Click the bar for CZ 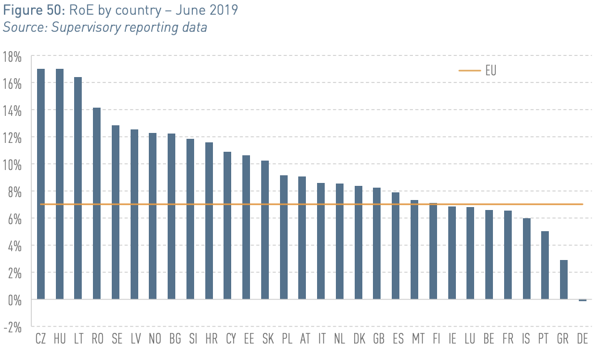(x=41, y=184)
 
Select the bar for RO (x=97, y=204)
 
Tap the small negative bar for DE (x=582, y=301)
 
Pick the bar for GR (x=564, y=279)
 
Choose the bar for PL (x=284, y=237)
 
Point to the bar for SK (x=265, y=230)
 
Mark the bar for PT (x=545, y=265)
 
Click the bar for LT (x=78, y=188)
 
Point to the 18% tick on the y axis (x=12, y=57)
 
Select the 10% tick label (x=12, y=165)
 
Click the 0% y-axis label (x=15, y=301)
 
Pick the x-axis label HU (x=59, y=339)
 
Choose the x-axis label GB (x=378, y=339)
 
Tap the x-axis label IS (x=526, y=339)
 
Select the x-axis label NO (x=155, y=339)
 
